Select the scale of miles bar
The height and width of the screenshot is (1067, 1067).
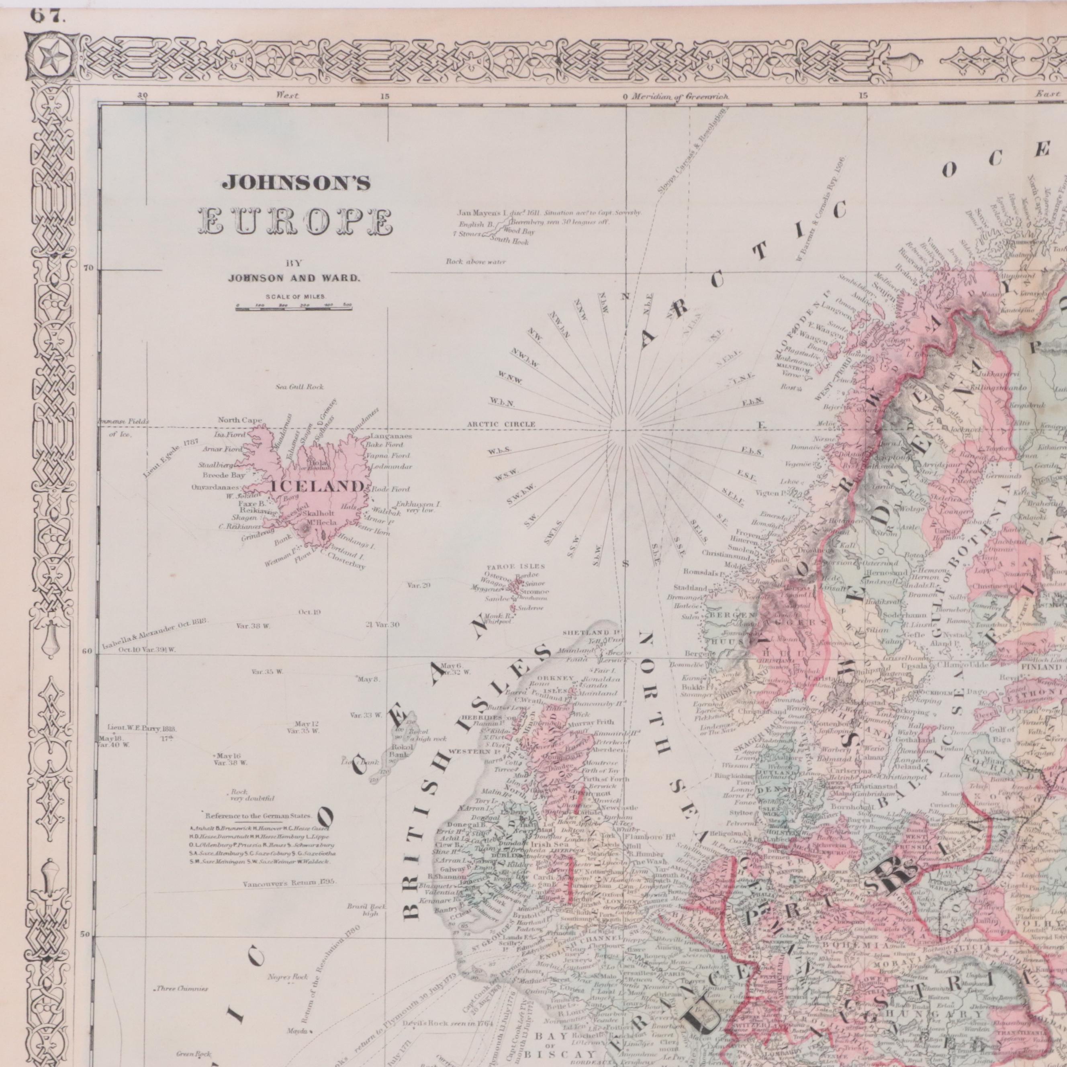click(293, 308)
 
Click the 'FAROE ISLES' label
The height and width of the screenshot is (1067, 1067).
click(516, 566)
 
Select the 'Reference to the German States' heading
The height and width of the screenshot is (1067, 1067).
click(258, 816)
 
